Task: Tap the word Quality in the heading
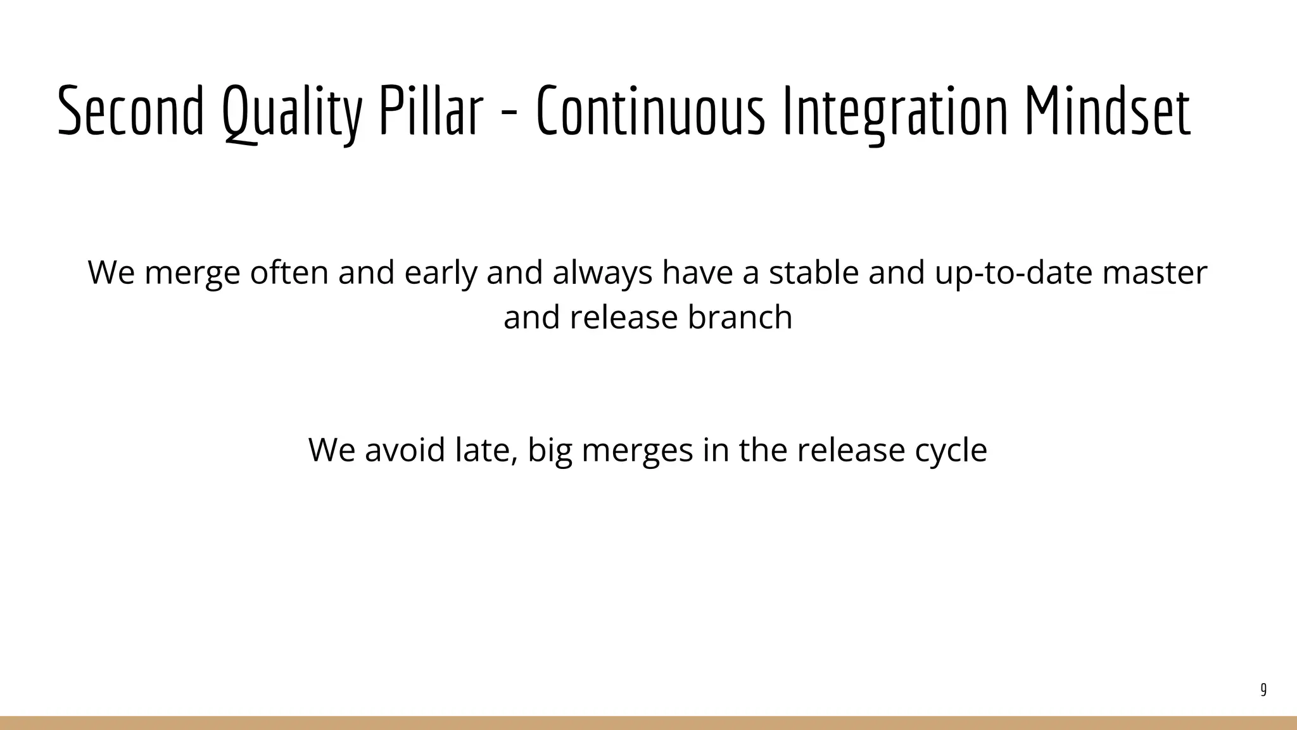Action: [x=292, y=113]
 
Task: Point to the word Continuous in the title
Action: [x=650, y=112]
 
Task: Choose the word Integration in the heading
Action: [x=894, y=113]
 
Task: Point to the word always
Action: [x=602, y=273]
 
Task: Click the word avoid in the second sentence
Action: [x=405, y=450]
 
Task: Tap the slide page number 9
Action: [x=1263, y=689]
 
